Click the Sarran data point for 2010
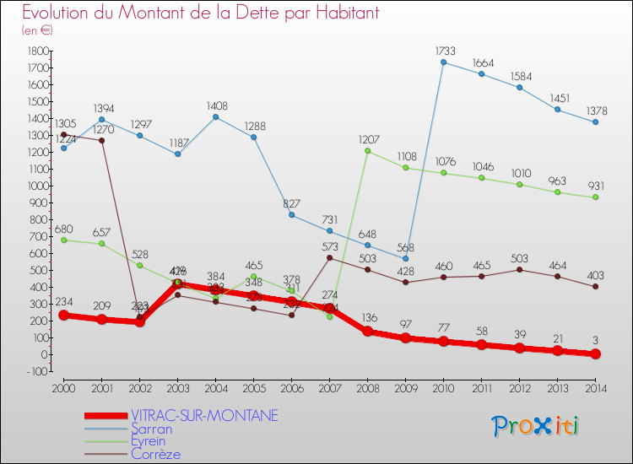pos(443,62)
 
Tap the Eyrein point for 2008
pos(367,151)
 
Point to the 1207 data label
pos(367,139)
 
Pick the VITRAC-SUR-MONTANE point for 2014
pos(595,353)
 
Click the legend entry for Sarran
pos(151,429)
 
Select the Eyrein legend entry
pos(149,441)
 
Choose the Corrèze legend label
pos(155,454)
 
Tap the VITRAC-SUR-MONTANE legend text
pos(204,416)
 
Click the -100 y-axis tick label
pos(35,371)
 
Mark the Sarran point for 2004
pos(215,117)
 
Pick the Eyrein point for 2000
pos(63,240)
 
